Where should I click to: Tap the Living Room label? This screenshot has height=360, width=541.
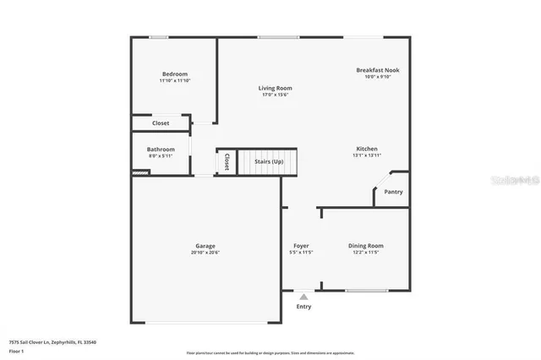pos(275,88)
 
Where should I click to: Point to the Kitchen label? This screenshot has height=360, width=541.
pos(366,149)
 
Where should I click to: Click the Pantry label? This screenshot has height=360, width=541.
pos(393,192)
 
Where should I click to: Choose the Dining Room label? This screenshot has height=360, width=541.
pos(366,246)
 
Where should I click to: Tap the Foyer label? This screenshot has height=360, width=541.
pos(301,246)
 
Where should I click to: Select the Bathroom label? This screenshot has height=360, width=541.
pos(161,150)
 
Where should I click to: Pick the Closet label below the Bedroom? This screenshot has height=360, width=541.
pos(161,123)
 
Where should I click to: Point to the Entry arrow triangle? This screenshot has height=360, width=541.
pos(303,297)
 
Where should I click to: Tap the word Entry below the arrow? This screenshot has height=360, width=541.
pos(303,307)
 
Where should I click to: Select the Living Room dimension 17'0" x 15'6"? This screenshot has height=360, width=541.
pos(275,95)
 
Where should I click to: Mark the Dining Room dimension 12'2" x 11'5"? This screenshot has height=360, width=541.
pos(366,253)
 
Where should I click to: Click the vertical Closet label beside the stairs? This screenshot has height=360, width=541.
pos(227,161)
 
